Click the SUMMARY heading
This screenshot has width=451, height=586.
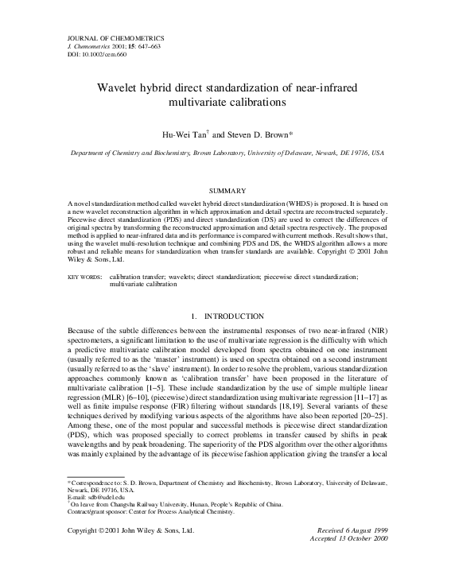tap(225, 192)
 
